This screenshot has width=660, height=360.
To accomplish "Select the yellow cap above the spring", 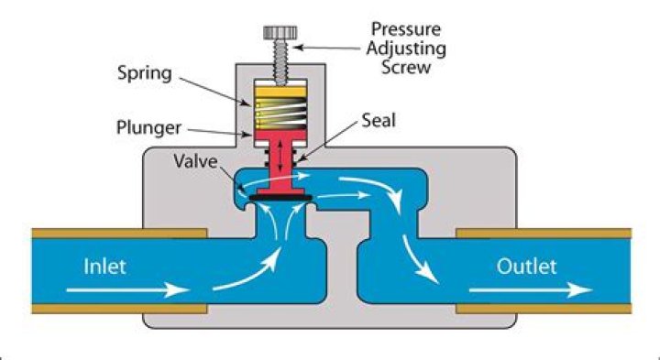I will tap(279, 91).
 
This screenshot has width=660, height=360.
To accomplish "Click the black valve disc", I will tap(279, 194).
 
